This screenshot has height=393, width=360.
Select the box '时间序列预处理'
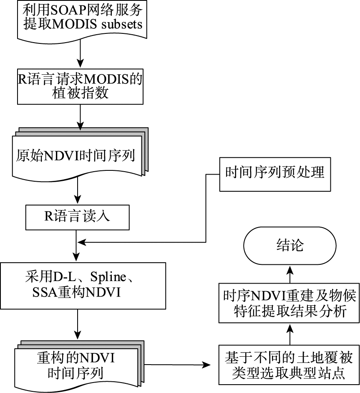(x=274, y=172)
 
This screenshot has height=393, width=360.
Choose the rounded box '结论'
(x=290, y=246)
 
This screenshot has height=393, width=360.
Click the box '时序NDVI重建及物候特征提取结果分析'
(x=288, y=304)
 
